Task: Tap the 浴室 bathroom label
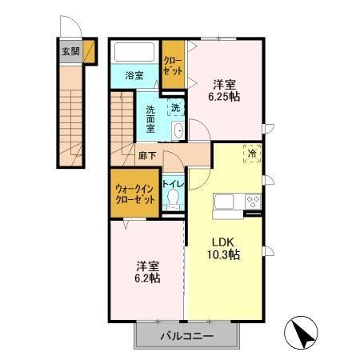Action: point(134,76)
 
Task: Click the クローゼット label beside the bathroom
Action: point(172,64)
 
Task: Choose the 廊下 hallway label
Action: point(146,155)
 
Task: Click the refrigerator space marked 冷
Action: point(251,153)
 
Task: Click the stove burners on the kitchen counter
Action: point(252,200)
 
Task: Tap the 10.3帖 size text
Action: point(226,255)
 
